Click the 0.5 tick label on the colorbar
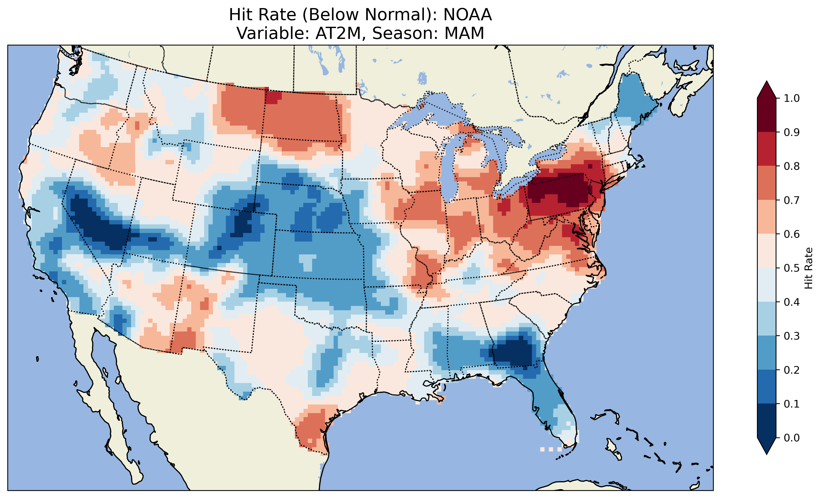(x=792, y=268)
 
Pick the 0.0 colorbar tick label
(x=792, y=438)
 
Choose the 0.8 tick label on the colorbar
(x=792, y=166)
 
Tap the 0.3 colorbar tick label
(x=792, y=336)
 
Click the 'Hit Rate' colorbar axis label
(x=808, y=268)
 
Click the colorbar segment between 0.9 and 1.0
(x=767, y=115)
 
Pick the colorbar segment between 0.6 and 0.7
(x=767, y=217)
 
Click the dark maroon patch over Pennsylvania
(x=564, y=190)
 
